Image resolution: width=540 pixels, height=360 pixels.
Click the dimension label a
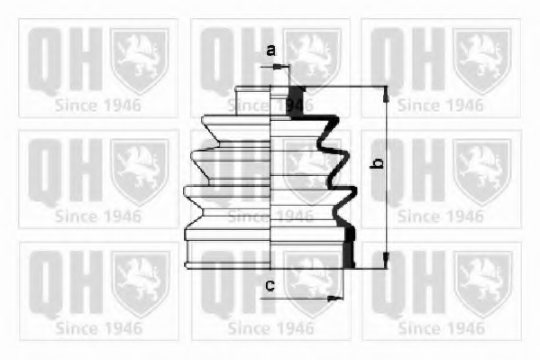[x=271, y=51]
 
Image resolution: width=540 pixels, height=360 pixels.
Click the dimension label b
[x=377, y=163]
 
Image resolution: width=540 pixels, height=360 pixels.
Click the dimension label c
[x=270, y=285]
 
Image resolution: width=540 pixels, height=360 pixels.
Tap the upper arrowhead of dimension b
[x=386, y=94]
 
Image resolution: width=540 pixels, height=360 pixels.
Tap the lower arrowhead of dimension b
[x=386, y=260]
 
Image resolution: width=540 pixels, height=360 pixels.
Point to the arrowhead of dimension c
[x=334, y=299]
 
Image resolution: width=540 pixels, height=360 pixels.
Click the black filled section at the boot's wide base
[x=349, y=246]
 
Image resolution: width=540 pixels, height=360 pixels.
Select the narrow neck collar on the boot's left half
[x=252, y=100]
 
